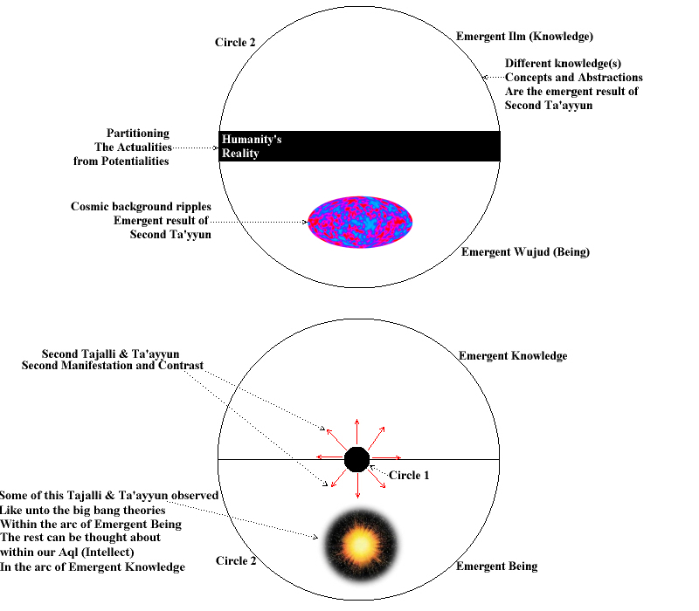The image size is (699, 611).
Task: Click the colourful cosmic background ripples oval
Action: [x=360, y=222]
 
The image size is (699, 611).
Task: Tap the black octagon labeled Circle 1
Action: [x=356, y=460]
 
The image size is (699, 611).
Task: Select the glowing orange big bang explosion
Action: [x=361, y=544]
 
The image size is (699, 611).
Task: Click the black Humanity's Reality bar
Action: [x=359, y=146]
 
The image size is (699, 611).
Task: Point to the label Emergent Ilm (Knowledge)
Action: [x=524, y=37]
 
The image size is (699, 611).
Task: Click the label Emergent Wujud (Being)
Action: [x=525, y=252]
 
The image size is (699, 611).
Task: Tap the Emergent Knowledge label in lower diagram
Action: [x=513, y=356]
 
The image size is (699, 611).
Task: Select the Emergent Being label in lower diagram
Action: [x=496, y=566]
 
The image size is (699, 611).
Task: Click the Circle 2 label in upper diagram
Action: [x=235, y=42]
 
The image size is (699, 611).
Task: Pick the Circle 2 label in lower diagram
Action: [x=236, y=560]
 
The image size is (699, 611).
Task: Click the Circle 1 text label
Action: [x=409, y=475]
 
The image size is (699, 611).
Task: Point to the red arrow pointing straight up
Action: [x=357, y=432]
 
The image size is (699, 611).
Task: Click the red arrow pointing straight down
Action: [x=357, y=485]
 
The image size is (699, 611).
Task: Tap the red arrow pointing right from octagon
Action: [x=385, y=457]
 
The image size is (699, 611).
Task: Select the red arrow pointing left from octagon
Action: [x=330, y=457]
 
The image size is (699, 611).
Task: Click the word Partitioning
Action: [x=138, y=134]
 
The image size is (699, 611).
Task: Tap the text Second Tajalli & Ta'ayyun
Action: [x=111, y=354]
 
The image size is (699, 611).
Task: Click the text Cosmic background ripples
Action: [x=141, y=207]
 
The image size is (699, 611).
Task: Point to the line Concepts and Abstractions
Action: [x=574, y=78]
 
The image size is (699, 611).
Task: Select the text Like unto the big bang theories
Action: [x=82, y=510]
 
